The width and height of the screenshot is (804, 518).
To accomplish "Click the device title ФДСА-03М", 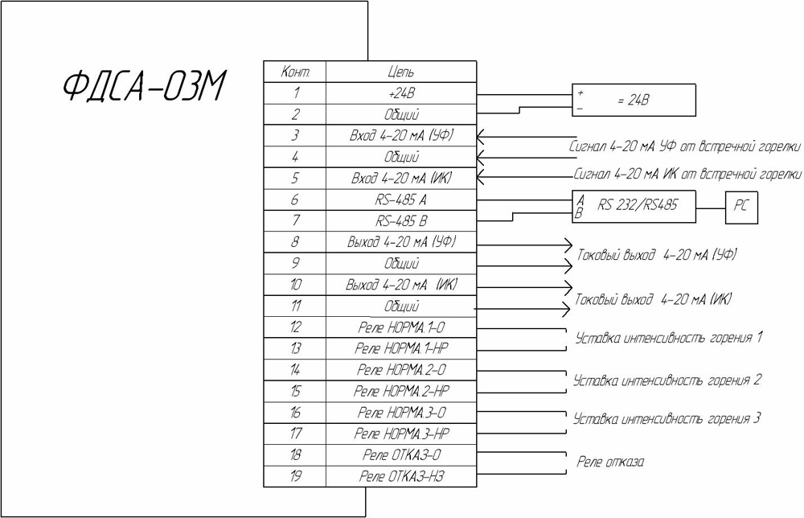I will coord(146,86).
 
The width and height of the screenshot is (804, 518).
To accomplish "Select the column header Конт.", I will coord(295,72).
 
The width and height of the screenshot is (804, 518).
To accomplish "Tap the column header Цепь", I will coord(400,72).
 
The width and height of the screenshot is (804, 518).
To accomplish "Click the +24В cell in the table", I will coord(400,93).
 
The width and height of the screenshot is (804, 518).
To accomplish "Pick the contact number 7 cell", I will coord(295,220).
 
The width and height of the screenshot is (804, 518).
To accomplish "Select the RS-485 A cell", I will coord(400,199).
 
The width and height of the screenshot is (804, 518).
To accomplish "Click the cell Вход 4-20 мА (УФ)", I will coord(400,135).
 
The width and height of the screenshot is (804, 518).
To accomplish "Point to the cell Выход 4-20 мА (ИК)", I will coord(400,285).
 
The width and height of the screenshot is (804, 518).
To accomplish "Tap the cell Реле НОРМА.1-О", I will coord(400,327).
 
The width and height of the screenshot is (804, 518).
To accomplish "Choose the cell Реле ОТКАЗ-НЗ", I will coord(400,476).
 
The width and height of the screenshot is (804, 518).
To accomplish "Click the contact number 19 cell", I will coord(295,476).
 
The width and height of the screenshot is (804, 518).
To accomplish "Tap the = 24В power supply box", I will coord(633,101).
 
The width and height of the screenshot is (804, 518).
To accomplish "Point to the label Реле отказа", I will coord(612,462).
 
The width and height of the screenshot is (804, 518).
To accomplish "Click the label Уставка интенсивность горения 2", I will coord(667,379).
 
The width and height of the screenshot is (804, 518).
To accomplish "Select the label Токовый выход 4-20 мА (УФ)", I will coord(656,255).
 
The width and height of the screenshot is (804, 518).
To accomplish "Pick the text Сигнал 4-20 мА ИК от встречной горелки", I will coord(687,173).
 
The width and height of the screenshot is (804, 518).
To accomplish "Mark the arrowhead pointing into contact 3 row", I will coord(481,135).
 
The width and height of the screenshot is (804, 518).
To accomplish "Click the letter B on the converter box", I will coord(578,214).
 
